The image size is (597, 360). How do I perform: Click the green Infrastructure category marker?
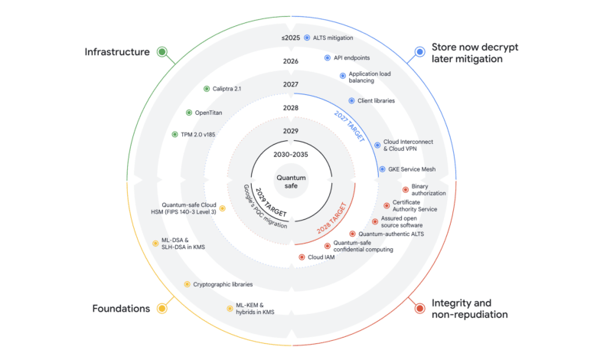(162, 52)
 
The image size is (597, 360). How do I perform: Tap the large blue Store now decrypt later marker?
(419, 52)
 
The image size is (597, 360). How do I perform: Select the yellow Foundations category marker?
(162, 308)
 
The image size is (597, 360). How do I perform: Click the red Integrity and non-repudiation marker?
(419, 308)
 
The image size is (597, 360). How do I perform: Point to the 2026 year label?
(291, 61)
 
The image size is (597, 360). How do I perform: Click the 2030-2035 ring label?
(291, 154)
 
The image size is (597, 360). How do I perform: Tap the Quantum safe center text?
(291, 182)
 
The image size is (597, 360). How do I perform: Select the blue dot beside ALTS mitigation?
(307, 38)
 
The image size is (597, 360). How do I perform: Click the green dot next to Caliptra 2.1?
(207, 89)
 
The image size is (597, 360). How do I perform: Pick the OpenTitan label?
(208, 113)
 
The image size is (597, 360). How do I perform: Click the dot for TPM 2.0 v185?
(175, 135)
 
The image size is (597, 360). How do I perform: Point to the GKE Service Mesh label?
(412, 169)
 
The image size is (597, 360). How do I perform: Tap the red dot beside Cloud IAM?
(302, 257)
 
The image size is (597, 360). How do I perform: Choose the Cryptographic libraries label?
(223, 284)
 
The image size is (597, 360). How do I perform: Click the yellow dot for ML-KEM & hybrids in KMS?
(230, 309)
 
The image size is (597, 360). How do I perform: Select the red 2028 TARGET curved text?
(332, 218)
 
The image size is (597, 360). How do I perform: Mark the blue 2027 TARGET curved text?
(350, 126)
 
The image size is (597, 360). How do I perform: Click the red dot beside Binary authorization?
(406, 190)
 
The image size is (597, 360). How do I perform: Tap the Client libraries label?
(376, 100)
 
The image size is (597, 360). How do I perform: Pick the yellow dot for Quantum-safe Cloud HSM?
(223, 208)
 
